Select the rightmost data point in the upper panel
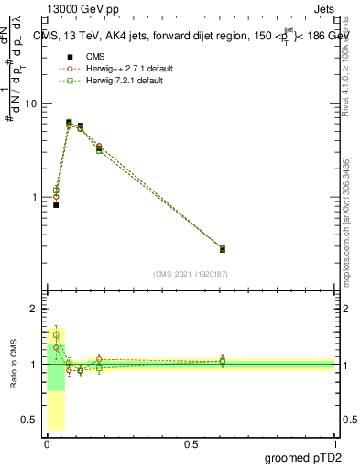click(223, 248)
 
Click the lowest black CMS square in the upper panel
click(56, 205)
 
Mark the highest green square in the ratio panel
click(56, 335)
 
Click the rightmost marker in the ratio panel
click(223, 361)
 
